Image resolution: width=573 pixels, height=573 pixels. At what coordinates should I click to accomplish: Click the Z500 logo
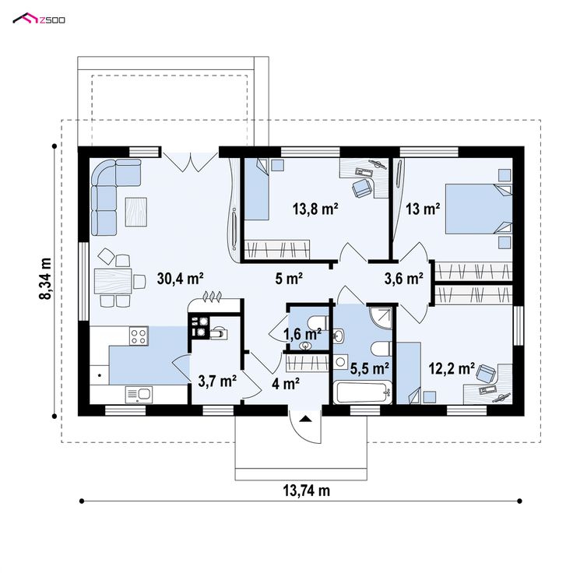pos(39,19)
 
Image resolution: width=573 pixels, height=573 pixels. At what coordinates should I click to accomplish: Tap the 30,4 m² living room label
pos(180,279)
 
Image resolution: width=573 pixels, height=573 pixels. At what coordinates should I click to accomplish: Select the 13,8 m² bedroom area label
pos(315,209)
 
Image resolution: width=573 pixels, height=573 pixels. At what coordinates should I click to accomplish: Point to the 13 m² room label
pos(423,209)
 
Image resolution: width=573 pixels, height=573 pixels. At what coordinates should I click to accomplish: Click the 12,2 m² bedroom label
pos(452,368)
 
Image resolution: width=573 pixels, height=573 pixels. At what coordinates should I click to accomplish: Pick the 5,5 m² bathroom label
pos(370,368)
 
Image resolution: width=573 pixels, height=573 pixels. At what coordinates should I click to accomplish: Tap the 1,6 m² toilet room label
pos(303,334)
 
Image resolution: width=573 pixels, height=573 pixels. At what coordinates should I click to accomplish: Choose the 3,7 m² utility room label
pos(217,381)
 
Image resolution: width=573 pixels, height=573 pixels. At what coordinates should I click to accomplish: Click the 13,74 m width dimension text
pos(306,490)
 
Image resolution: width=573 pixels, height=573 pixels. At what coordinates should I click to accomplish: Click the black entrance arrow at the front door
pos(305,418)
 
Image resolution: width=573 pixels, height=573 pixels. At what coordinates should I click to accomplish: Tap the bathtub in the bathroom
pos(363,392)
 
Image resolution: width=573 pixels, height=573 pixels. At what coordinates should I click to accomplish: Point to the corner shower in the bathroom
pos(381,316)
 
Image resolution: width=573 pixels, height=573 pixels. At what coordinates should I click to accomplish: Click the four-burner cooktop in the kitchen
pos(139,336)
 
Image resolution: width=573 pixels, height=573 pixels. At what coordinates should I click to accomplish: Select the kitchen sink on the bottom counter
pos(139,395)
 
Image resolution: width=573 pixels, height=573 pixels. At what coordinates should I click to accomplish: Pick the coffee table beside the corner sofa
pos(136,212)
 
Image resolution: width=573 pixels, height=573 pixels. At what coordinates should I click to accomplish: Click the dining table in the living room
pos(113,281)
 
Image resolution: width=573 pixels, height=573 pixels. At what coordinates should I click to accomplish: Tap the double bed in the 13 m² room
pos(478,209)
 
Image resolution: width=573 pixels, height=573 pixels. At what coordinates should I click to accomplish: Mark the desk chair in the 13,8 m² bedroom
pos(362,188)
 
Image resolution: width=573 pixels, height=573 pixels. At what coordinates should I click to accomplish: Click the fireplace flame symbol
pos(212,297)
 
